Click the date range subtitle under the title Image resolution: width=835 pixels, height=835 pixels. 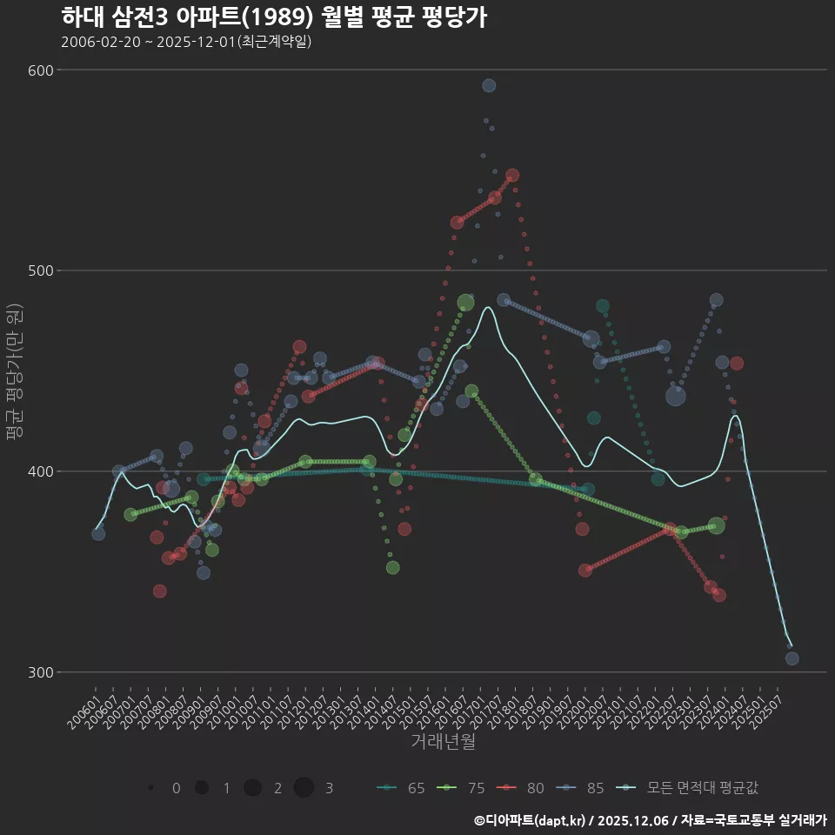click(x=186, y=42)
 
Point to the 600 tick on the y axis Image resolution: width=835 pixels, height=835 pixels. click(x=43, y=70)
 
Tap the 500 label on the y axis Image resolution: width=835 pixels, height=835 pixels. click(x=43, y=271)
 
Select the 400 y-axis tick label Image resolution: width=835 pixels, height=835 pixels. click(x=43, y=471)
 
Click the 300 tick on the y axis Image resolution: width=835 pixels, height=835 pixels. click(x=43, y=672)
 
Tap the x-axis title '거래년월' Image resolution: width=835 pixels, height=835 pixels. click(x=443, y=742)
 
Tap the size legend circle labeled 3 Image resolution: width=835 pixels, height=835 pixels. click(x=304, y=788)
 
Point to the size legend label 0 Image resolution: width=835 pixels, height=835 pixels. click(x=177, y=788)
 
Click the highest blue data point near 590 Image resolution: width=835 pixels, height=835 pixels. click(x=489, y=85)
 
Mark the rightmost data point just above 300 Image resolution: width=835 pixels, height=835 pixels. click(x=792, y=658)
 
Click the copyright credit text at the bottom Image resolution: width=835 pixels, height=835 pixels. click(x=650, y=820)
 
